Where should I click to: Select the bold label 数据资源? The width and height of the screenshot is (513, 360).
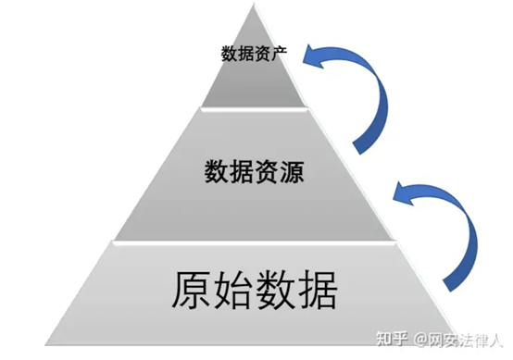tap(254, 173)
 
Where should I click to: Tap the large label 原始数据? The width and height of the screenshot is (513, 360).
tap(253, 289)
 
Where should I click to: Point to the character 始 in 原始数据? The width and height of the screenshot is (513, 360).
tap(232, 289)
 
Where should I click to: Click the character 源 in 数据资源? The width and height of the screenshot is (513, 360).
tap(292, 173)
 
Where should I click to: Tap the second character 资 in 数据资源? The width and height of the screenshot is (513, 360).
tap(267, 173)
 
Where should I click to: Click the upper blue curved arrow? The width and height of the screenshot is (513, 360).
tap(365, 97)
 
